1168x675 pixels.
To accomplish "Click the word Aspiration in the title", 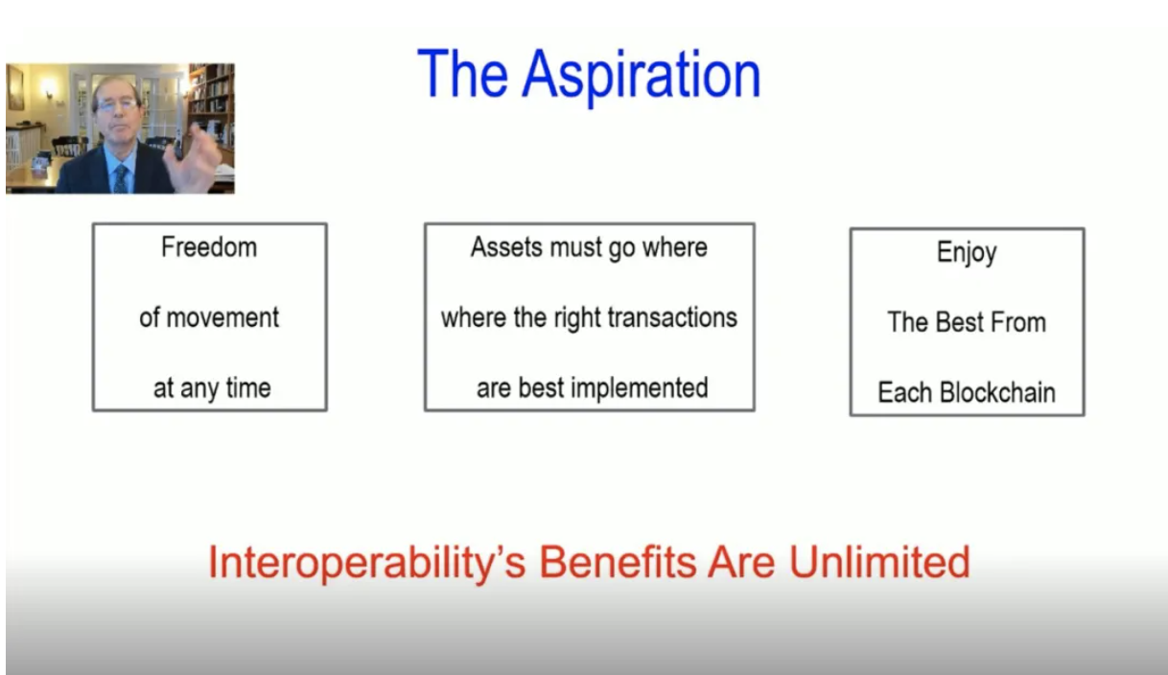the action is [x=642, y=76].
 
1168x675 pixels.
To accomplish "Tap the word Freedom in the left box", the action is [x=209, y=247].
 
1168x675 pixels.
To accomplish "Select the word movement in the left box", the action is [x=222, y=317].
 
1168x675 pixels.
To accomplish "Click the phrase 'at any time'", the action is [x=212, y=388].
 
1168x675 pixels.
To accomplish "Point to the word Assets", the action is [x=506, y=247].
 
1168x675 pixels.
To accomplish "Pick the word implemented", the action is [x=640, y=388].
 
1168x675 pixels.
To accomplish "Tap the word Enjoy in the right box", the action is [x=967, y=253].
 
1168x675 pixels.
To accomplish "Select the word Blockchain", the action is [x=997, y=392].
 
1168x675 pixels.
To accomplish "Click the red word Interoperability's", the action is [x=366, y=563].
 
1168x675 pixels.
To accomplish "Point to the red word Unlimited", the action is [x=879, y=562].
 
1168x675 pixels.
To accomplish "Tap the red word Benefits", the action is [x=618, y=562].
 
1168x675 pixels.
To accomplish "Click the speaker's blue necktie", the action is [x=121, y=178].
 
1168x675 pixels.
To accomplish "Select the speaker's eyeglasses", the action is [x=116, y=105].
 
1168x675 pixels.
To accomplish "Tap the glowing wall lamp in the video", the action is [x=50, y=87].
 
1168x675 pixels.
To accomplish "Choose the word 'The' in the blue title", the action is [x=462, y=74].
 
